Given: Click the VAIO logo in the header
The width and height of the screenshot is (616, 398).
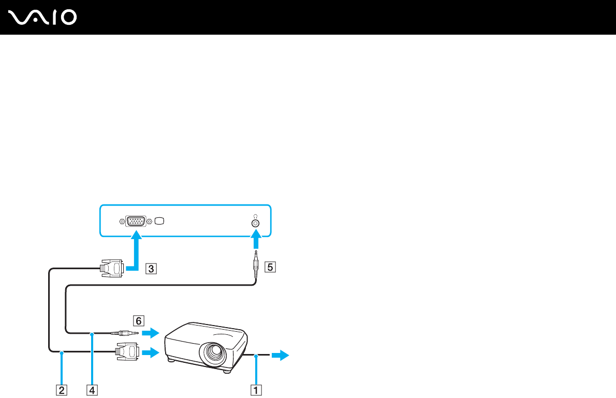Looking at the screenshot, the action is [43, 18].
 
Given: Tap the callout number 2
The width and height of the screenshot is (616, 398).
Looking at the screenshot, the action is [62, 389].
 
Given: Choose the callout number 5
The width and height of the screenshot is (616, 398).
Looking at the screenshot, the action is [269, 268].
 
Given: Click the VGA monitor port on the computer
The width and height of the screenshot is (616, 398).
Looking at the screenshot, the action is [136, 222].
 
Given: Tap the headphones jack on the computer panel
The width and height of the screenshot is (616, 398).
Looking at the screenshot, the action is [255, 223].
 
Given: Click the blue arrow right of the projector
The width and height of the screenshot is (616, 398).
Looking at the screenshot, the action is [282, 355].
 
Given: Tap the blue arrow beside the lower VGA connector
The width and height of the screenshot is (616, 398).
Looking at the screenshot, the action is [150, 353].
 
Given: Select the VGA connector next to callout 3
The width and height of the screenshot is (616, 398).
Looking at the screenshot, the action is [111, 269].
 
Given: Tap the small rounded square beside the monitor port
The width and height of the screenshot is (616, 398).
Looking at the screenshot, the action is [159, 222].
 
